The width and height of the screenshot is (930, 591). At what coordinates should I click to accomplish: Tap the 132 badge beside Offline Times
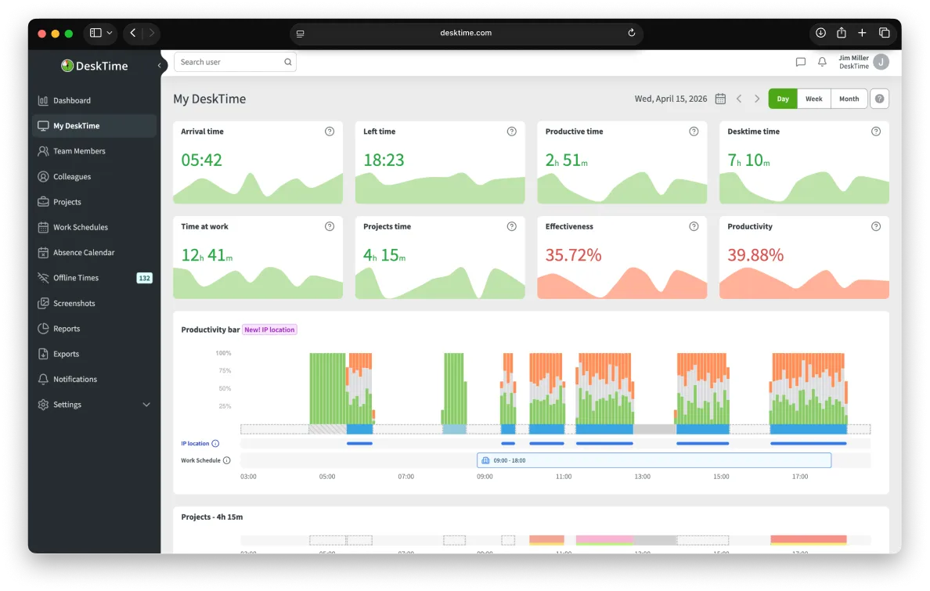(144, 278)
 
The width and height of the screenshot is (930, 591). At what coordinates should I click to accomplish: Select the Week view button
(814, 99)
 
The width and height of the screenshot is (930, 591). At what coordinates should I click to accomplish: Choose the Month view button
(849, 99)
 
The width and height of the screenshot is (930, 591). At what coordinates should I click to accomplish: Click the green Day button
(783, 99)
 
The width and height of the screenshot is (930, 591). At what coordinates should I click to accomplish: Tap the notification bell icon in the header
(822, 62)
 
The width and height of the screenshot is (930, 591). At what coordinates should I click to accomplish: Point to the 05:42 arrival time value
(202, 160)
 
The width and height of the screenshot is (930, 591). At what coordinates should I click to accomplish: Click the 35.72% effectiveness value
(574, 255)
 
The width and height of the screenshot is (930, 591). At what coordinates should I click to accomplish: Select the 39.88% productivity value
(755, 255)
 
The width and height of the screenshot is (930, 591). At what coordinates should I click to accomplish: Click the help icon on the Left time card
(511, 132)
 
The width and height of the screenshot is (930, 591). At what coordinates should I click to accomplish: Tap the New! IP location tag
(269, 330)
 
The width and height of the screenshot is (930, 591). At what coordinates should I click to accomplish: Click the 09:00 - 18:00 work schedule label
(510, 460)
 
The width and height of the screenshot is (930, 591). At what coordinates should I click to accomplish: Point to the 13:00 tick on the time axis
(643, 477)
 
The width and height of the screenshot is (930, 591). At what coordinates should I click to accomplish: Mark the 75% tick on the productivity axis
(224, 371)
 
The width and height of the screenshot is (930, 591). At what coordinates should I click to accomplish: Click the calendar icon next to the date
(720, 99)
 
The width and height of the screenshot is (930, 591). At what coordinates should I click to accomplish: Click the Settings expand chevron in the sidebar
(146, 405)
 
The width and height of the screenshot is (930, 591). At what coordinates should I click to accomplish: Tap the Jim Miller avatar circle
(881, 62)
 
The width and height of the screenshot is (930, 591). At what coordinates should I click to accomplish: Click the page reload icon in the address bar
(632, 33)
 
